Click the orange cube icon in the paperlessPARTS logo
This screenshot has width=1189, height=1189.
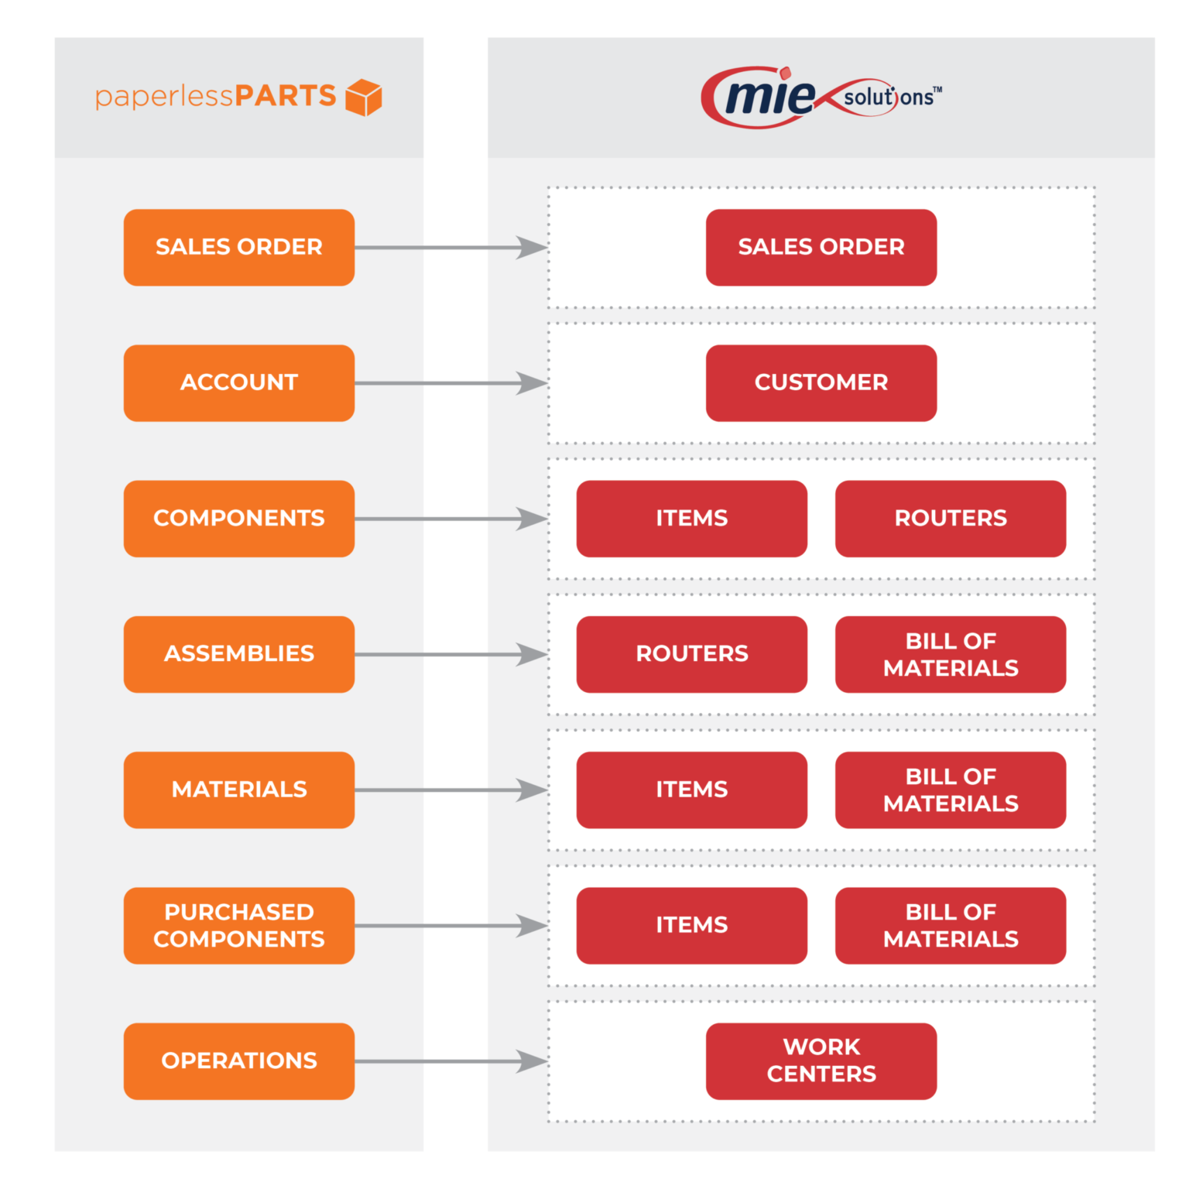tap(363, 98)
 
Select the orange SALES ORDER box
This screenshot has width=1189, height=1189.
tap(239, 247)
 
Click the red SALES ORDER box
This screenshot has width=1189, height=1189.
tap(821, 247)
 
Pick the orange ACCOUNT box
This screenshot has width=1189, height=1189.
tap(239, 382)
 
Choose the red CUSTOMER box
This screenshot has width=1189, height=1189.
tap(821, 382)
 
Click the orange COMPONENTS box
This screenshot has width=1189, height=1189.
tap(239, 519)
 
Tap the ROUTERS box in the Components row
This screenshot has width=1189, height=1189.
tap(950, 519)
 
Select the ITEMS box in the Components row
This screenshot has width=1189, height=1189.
tap(691, 519)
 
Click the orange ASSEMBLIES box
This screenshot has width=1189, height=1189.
tap(239, 654)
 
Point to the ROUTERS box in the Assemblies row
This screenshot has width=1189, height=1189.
tap(691, 654)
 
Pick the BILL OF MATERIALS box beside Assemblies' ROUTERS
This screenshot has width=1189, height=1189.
tap(950, 654)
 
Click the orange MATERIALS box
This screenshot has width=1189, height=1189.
tap(239, 790)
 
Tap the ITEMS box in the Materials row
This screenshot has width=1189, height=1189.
tap(691, 790)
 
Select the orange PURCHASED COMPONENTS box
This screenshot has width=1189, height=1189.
tap(239, 925)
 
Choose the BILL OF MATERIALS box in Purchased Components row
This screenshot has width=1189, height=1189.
tap(950, 925)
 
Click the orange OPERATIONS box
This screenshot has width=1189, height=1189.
tap(239, 1061)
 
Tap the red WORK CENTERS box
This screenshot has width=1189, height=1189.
tap(821, 1061)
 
